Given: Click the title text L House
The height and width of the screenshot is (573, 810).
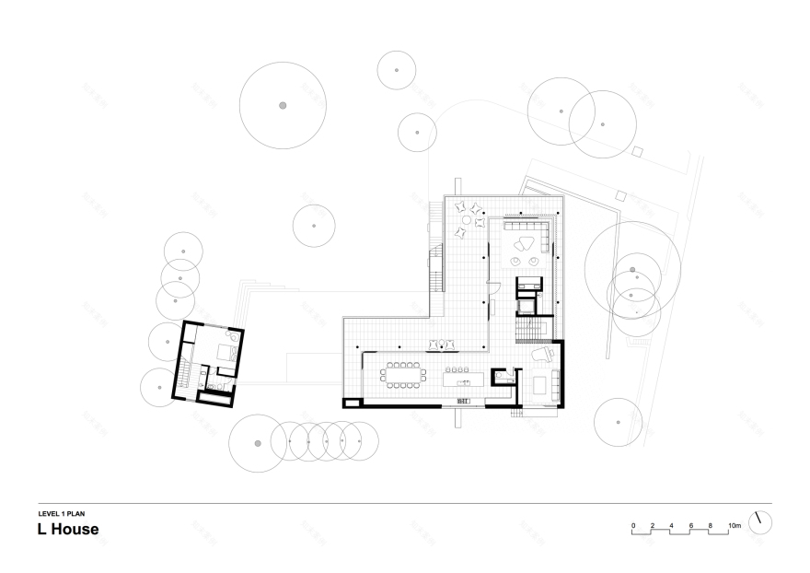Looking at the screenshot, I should (x=68, y=530).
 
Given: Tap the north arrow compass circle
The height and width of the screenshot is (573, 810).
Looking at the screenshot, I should (x=759, y=521).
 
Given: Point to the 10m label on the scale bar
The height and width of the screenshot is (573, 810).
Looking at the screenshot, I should (x=734, y=525).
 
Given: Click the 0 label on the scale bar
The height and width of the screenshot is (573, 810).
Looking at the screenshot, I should (x=633, y=525).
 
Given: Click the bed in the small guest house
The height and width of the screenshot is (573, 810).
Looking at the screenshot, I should (x=225, y=352).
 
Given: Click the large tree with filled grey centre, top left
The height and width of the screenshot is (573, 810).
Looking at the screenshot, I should (x=283, y=106).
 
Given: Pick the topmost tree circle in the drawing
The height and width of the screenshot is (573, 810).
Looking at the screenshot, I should (x=397, y=70).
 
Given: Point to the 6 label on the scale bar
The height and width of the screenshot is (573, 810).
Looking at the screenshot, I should (x=691, y=525).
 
